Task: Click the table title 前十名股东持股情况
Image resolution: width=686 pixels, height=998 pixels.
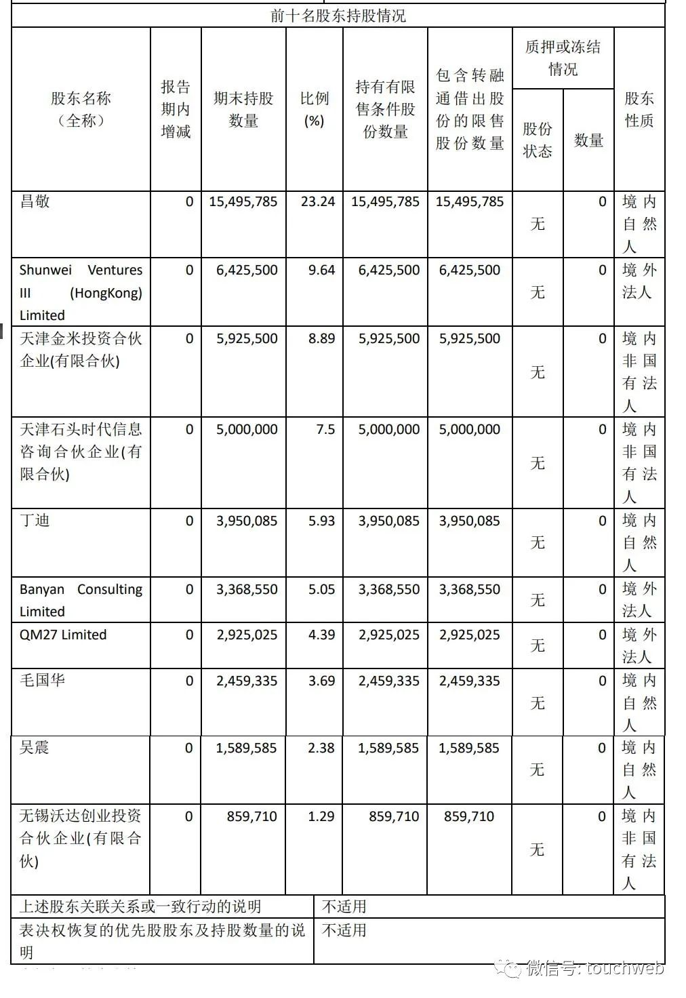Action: [x=338, y=16]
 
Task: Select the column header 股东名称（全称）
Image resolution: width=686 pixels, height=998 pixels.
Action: [x=81, y=109]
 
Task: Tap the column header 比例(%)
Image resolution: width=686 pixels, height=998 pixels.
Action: [x=314, y=109]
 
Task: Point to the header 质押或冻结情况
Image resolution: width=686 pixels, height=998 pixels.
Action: [x=563, y=58]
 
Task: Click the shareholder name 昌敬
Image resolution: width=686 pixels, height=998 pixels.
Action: [x=35, y=201]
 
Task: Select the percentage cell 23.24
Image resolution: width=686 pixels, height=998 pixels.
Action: [x=318, y=201]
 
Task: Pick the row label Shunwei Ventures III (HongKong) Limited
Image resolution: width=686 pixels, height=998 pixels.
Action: [x=81, y=292]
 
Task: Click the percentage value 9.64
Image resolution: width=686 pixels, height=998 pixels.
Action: [x=321, y=270]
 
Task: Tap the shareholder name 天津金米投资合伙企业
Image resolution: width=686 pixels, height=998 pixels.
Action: [x=81, y=349]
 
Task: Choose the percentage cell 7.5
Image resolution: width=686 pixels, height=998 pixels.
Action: [x=325, y=429]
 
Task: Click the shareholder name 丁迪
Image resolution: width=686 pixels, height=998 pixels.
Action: [x=35, y=521]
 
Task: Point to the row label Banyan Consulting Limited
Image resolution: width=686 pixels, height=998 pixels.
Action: [x=81, y=600]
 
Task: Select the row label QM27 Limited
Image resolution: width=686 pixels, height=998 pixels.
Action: [x=63, y=635]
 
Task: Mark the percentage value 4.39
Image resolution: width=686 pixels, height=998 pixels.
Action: [x=321, y=635]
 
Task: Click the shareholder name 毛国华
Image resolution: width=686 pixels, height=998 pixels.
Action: [x=43, y=680]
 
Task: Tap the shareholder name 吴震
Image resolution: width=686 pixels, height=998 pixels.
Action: [x=35, y=748]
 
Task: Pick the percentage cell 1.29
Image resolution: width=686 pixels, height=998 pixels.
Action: [x=321, y=816]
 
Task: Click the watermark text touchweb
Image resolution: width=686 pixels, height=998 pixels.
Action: [x=624, y=968]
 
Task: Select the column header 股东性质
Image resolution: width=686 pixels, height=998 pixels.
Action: [x=639, y=109]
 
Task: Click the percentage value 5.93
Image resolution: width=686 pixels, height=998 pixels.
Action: [x=321, y=521]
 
